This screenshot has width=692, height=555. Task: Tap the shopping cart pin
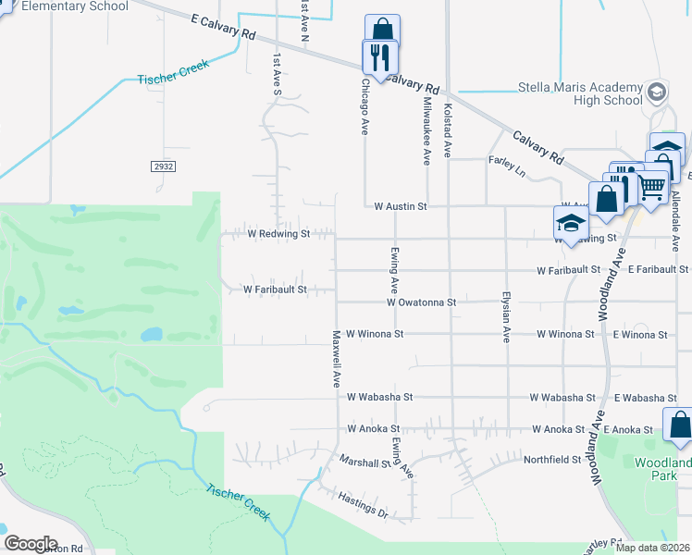[x=652, y=187]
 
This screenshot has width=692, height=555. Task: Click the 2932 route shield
[x=163, y=166]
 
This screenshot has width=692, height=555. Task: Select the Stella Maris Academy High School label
[x=581, y=94]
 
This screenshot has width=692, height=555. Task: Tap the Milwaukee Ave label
[x=426, y=130]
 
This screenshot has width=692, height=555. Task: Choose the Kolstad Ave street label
[x=448, y=129]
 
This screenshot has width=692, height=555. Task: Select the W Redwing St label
[x=278, y=234]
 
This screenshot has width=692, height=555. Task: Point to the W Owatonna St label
[x=422, y=302]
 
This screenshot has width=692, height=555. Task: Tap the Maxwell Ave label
[x=337, y=358]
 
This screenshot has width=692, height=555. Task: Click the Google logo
[x=31, y=544]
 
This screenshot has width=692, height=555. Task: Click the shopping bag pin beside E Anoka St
[x=678, y=425]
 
